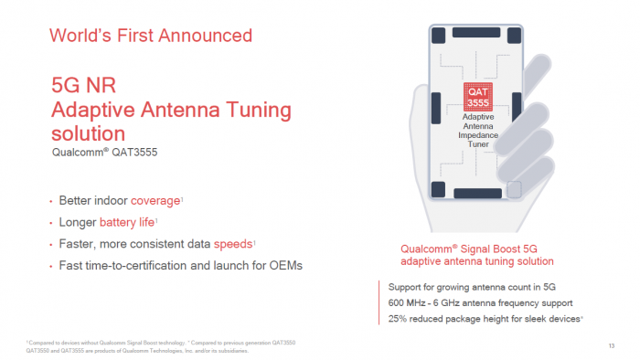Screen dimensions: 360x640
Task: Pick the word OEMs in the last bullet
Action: pyautogui.click(x=284, y=266)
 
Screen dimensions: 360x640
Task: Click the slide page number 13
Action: pyautogui.click(x=611, y=344)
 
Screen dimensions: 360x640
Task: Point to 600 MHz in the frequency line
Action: pyautogui.click(x=409, y=302)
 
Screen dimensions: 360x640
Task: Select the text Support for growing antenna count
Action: pyautogui.click(x=453, y=287)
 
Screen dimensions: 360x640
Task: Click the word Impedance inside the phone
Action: pyautogui.click(x=478, y=134)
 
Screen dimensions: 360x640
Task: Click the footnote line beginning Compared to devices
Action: pyautogui.click(x=137, y=342)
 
